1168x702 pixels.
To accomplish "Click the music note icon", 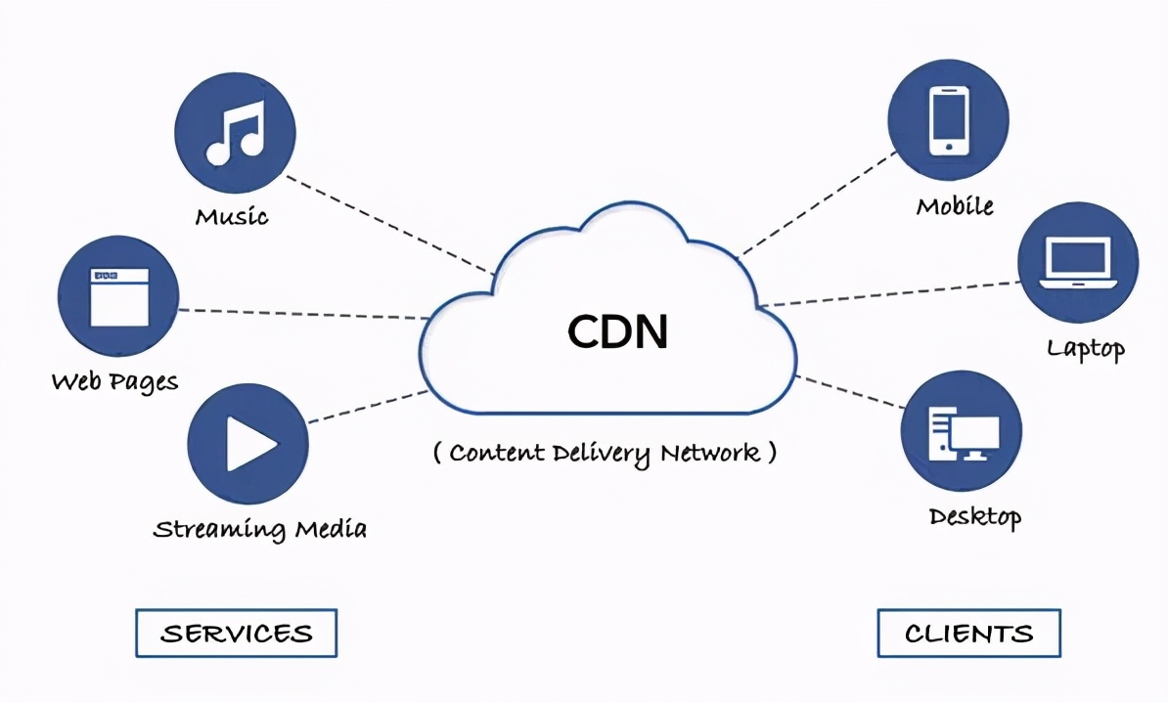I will tap(235, 134).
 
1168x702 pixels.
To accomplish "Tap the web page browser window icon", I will tap(118, 297).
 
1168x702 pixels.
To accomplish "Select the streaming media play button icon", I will tap(248, 444).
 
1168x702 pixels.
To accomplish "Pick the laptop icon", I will tap(1077, 263).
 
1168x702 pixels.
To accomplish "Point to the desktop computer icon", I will tap(963, 433).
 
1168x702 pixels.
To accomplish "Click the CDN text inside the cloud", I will tap(618, 332).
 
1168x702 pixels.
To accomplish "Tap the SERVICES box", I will tap(236, 633).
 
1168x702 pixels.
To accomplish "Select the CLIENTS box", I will tap(968, 634).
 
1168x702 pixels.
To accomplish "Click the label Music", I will tap(232, 216).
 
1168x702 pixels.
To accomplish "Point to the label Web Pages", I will tap(115, 381).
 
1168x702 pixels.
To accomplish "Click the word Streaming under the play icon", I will tap(212, 530).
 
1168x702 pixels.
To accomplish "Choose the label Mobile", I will tap(955, 206).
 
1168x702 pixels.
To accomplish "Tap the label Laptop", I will tap(1086, 348).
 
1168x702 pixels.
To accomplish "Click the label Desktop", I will tap(975, 516).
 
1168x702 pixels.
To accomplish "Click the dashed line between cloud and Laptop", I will tap(890, 293).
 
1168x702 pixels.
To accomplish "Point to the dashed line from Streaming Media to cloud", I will tap(367, 406).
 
